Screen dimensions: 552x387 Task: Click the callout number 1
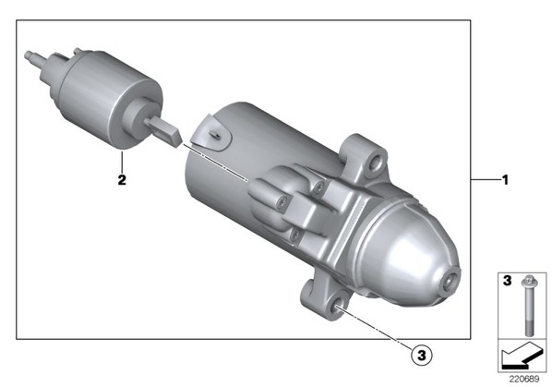(505, 180)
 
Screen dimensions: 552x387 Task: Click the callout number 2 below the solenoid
(122, 180)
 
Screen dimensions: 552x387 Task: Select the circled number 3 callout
(422, 356)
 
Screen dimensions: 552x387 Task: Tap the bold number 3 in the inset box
(507, 281)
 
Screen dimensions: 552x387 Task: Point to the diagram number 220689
(524, 379)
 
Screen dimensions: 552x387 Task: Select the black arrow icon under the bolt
(522, 356)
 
